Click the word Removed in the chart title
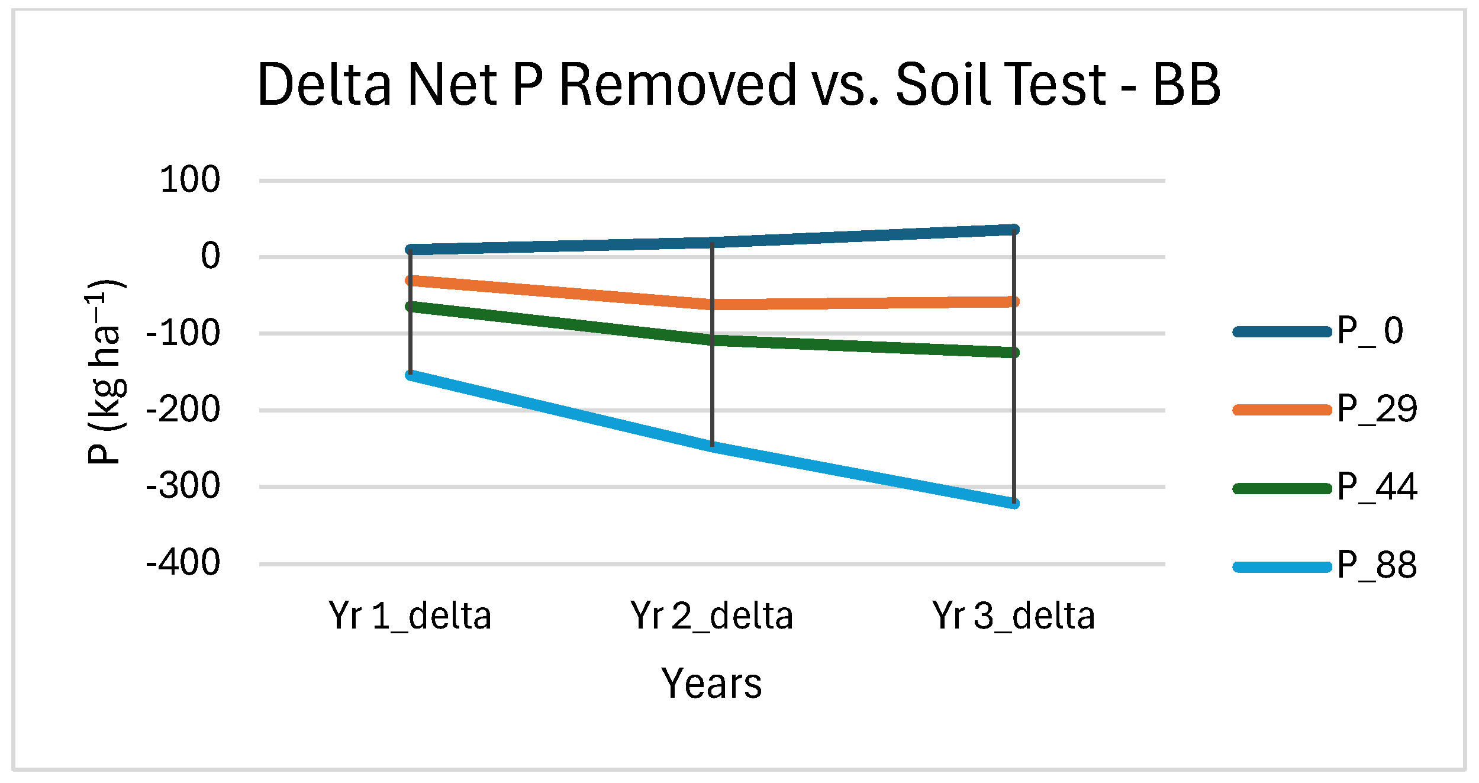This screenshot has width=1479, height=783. [678, 85]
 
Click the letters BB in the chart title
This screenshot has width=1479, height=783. [1186, 85]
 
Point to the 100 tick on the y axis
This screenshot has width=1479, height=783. [190, 179]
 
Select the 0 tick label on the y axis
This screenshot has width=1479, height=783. [210, 256]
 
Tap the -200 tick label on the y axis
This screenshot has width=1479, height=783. [183, 410]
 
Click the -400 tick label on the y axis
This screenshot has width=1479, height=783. [183, 562]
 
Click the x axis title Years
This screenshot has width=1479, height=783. [711, 684]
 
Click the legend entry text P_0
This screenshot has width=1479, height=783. [1370, 331]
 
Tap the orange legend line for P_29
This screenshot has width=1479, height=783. [1282, 410]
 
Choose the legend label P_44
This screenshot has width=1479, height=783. [1377, 487]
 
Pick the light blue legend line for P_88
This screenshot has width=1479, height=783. [1282, 567]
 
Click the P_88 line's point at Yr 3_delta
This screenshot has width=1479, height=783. [1014, 503]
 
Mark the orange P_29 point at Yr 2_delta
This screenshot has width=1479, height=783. [712, 305]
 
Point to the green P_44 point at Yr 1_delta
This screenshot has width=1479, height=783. [410, 306]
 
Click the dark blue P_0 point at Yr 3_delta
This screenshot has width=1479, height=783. [1014, 229]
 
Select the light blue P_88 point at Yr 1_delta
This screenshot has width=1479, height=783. [410, 374]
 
